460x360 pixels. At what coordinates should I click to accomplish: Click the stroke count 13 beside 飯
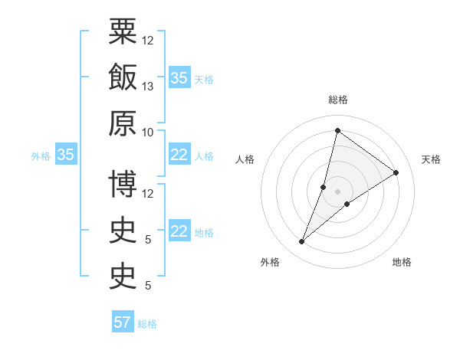click(149, 87)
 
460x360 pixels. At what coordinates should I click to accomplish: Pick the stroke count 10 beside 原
click(149, 133)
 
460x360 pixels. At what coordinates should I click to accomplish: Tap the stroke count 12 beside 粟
click(149, 41)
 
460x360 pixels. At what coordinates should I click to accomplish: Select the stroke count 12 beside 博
click(149, 194)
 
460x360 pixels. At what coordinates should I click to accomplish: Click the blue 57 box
click(123, 322)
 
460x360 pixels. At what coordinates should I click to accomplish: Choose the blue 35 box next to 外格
click(65, 155)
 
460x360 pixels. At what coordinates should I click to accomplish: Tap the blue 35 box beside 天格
click(179, 78)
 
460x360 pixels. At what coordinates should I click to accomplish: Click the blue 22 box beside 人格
click(179, 155)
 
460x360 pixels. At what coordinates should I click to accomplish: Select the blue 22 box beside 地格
click(179, 231)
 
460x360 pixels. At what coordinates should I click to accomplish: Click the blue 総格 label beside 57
click(147, 324)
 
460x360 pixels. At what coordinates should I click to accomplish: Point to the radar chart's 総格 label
click(337, 100)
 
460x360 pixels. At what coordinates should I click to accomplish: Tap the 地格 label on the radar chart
click(402, 262)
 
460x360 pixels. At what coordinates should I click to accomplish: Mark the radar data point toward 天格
click(396, 172)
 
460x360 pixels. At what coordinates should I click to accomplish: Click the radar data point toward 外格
click(302, 242)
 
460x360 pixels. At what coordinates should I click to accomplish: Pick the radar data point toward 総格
click(337, 130)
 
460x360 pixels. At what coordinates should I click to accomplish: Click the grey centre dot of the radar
click(337, 191)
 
